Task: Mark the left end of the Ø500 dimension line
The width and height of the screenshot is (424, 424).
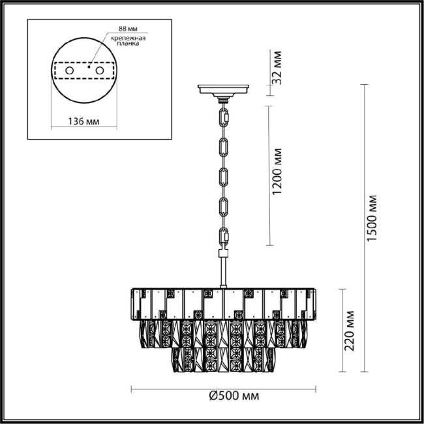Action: coord(132,389)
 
